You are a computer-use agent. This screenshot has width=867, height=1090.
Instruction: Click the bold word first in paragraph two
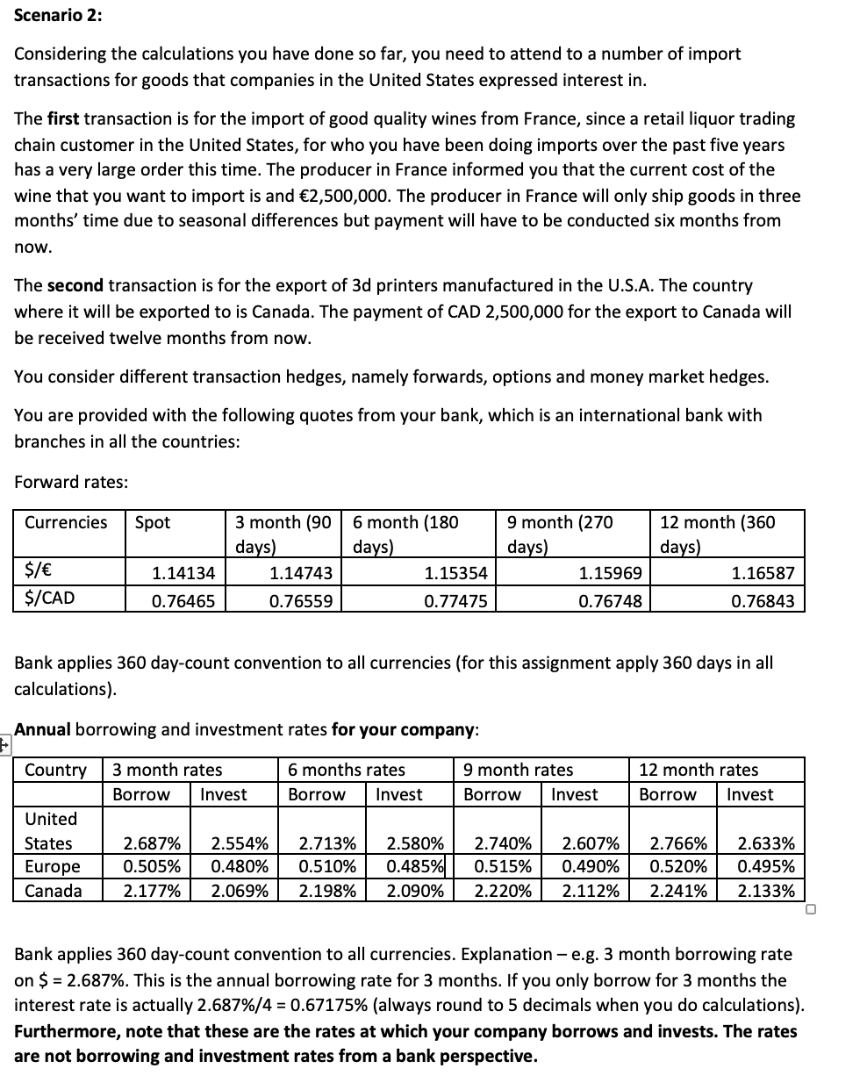62,118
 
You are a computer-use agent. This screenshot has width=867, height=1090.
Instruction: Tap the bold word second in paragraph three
75,285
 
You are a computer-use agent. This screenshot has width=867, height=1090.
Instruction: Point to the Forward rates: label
71,482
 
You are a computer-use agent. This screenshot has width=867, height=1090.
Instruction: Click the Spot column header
153,522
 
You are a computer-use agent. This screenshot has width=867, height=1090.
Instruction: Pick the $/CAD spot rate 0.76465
183,600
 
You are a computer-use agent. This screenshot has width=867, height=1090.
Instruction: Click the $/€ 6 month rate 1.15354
455,573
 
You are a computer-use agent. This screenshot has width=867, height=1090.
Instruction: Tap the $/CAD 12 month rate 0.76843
763,600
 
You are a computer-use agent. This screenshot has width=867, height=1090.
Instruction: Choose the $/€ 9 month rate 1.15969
610,573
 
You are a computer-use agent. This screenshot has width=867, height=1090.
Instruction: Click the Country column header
55,771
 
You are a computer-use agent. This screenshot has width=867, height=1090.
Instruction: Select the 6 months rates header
347,770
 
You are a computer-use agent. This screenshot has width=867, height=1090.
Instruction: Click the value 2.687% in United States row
152,844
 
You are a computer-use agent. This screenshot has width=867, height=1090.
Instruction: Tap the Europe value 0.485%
416,867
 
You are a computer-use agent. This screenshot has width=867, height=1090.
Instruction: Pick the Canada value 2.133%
766,891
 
